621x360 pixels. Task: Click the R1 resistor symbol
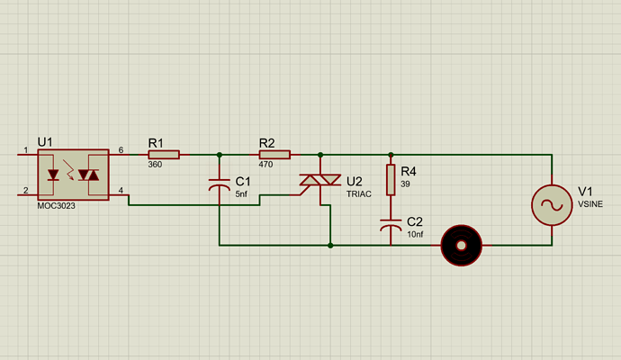165,155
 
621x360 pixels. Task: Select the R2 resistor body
275,155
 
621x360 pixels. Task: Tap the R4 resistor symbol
391,180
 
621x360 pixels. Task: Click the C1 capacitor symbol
220,185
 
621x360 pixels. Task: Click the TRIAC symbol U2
320,183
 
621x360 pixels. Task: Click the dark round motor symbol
461,245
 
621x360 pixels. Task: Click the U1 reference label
45,142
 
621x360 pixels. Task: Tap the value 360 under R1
156,165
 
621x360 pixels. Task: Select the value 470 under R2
265,165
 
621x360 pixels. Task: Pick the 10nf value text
416,234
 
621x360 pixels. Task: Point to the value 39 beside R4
405,184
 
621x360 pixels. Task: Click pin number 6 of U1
121,149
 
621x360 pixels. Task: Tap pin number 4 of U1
121,189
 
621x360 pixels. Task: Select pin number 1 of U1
25,149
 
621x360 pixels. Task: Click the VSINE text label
589,204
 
